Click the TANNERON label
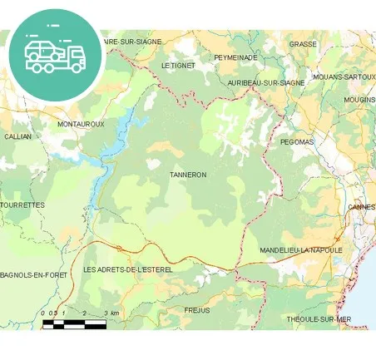(x=187, y=175)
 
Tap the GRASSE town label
(x=303, y=43)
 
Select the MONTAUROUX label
(x=81, y=124)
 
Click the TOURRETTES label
(x=22, y=204)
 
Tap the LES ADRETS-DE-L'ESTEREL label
(x=127, y=270)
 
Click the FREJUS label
(x=196, y=310)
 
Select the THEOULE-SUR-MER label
(x=319, y=319)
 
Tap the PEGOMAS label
(x=297, y=142)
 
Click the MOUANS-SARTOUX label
(x=343, y=77)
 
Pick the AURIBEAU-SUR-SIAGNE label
(x=266, y=83)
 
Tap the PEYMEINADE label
(x=235, y=57)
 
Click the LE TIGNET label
(x=177, y=65)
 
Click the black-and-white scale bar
(x=74, y=324)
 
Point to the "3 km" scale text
(x=111, y=313)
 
